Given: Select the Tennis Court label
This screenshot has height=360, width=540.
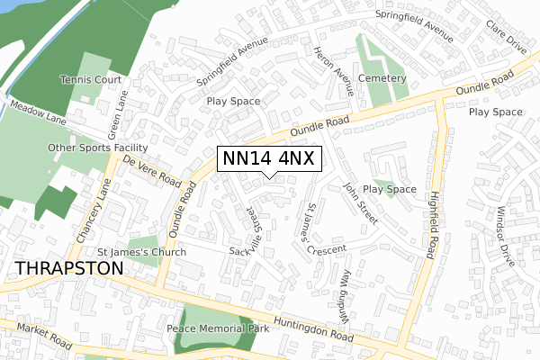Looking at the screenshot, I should [90, 80].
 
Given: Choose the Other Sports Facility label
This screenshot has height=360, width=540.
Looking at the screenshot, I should [98, 147].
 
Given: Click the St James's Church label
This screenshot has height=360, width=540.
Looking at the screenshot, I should [141, 253].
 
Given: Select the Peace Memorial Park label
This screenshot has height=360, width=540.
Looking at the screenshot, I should [220, 328].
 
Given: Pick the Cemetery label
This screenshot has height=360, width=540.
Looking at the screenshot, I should [382, 79].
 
